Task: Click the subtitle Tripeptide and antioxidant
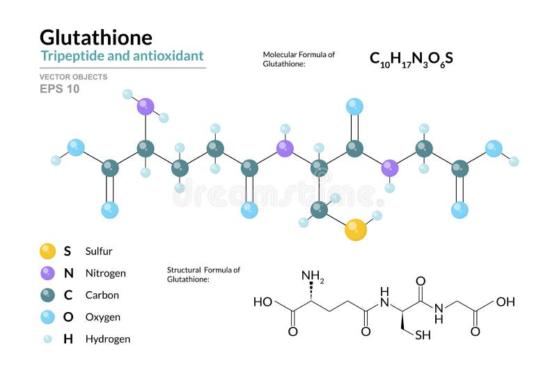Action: point(122,56)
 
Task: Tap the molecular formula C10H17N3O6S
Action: point(411,59)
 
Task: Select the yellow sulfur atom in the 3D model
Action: point(355,229)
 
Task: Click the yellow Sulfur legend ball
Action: point(47,251)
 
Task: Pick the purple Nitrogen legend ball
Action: point(47,273)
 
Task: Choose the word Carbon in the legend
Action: point(102,295)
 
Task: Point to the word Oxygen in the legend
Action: point(102,317)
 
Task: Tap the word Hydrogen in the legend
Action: point(107,339)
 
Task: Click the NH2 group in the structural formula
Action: point(313,277)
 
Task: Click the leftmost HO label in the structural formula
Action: point(263,302)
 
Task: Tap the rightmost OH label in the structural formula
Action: point(505,302)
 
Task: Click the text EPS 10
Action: point(59,88)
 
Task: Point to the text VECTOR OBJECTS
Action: point(74,77)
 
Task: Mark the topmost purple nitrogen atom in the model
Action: point(145,107)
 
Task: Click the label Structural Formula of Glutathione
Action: point(203,274)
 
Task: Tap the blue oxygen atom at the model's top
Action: point(354,107)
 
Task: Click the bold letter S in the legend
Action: point(68,251)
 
